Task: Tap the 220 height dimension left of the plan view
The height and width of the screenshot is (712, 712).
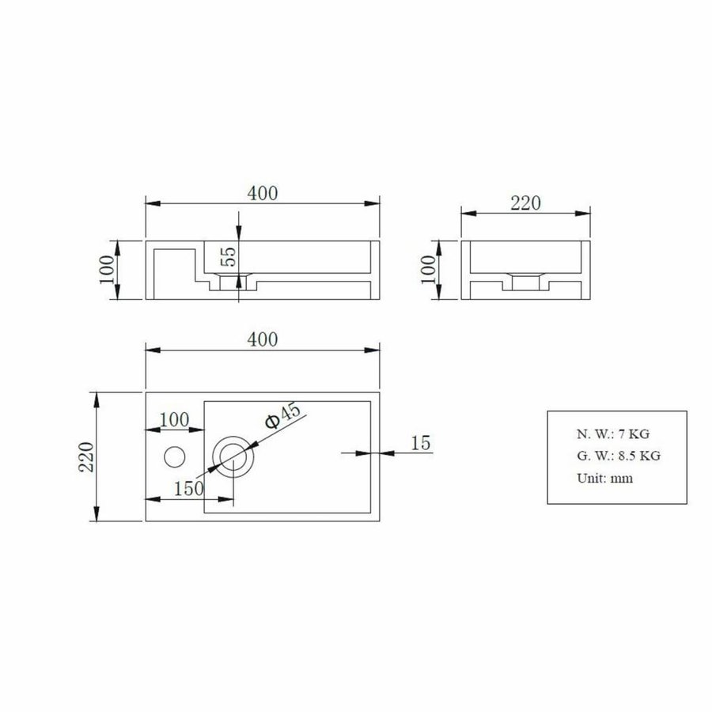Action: [x=86, y=457]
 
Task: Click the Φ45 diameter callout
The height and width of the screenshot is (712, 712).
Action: [x=282, y=417]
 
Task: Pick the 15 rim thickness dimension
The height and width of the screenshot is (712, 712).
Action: [x=421, y=443]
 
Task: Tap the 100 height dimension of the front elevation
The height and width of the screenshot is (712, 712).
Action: [x=108, y=271]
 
